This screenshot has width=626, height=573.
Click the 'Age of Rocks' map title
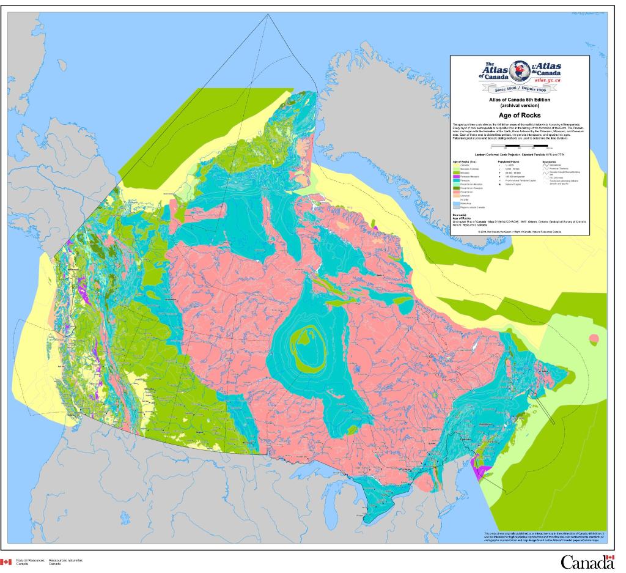tap(520, 115)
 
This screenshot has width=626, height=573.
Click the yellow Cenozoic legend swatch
tap(456, 165)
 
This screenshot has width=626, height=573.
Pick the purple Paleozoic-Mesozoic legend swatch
tap(456, 177)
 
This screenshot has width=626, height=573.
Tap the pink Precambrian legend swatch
tap(456, 192)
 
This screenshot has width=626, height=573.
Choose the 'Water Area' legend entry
tap(464, 204)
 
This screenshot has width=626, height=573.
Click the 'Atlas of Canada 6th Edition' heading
tap(520, 100)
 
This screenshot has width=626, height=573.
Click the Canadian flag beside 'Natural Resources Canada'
tap(6, 561)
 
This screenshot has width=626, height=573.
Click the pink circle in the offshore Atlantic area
tap(592, 338)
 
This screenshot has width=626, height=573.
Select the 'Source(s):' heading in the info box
tap(460, 215)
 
